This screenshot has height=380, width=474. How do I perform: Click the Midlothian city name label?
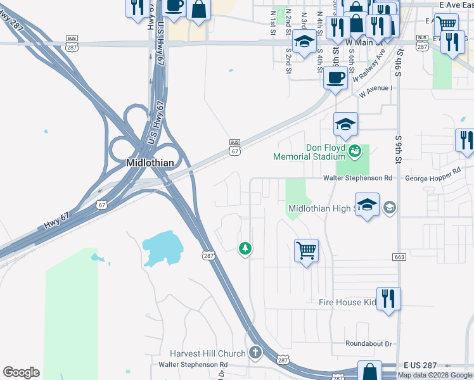pyautogui.click(x=150, y=161)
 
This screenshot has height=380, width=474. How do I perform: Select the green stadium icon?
pyautogui.click(x=354, y=150)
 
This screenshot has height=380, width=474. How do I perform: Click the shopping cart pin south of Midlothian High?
pyautogui.click(x=306, y=250)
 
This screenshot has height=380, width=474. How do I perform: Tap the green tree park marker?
pyautogui.click(x=245, y=248)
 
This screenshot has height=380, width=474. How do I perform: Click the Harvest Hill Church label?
pyautogui.click(x=207, y=353)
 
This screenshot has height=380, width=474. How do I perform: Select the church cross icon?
pyautogui.click(x=255, y=353)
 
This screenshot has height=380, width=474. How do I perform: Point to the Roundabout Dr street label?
pyautogui.click(x=369, y=344)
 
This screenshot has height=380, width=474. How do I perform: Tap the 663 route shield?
pyautogui.click(x=399, y=256)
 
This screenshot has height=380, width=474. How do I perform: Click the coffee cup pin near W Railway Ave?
pyautogui.click(x=335, y=78)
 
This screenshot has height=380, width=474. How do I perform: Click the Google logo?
pyautogui.click(x=21, y=372)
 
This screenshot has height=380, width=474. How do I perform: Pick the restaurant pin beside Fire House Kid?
pyautogui.click(x=388, y=298)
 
